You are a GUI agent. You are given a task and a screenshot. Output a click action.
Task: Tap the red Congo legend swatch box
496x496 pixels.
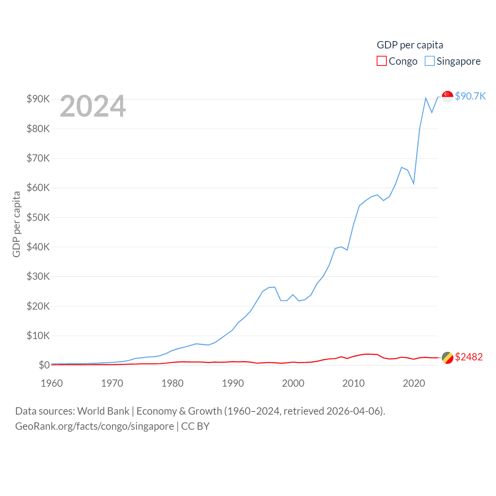point(382,61)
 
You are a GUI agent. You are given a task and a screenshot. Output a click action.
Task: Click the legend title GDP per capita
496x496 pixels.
point(410,45)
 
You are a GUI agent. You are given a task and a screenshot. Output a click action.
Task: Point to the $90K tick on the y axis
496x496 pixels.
point(38,99)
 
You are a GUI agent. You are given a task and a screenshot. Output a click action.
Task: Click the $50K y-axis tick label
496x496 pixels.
point(38,217)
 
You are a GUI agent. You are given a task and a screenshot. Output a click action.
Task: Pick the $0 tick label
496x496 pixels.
point(44,365)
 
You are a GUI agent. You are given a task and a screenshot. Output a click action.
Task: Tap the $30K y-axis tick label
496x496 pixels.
point(38,276)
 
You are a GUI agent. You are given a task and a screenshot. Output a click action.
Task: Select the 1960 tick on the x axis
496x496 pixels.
point(52,383)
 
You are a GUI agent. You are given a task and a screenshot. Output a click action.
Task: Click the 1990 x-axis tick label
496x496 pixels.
point(233,383)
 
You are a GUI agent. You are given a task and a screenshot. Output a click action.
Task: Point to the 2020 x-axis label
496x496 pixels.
point(414,383)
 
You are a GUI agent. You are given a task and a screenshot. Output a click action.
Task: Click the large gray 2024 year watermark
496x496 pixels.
point(93,106)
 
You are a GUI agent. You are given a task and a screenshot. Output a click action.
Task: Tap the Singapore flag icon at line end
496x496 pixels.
point(448,96)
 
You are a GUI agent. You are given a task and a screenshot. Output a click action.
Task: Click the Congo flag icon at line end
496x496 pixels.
point(448,358)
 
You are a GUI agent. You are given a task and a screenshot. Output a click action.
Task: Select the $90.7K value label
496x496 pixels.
point(470,96)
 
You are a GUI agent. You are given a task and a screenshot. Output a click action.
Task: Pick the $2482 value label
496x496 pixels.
point(469,357)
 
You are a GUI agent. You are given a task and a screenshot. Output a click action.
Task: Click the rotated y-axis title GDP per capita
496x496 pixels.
point(16,224)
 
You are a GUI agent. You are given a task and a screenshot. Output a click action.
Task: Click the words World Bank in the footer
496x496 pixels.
point(103,411)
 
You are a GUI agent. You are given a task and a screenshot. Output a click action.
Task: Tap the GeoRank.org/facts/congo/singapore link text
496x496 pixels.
point(95,426)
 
